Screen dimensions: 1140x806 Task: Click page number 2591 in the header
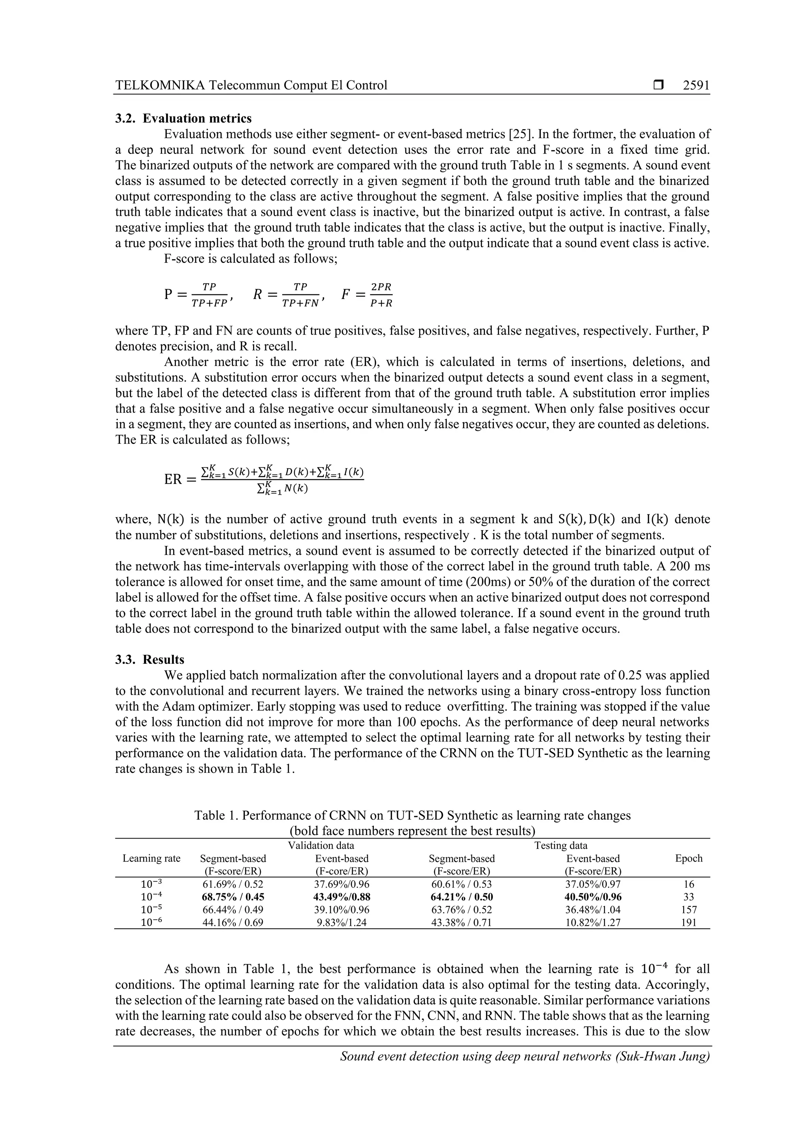(x=696, y=85)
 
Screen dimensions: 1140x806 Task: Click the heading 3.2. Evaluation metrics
(x=183, y=118)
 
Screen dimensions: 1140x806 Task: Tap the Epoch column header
(x=689, y=858)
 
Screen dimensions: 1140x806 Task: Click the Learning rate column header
(x=152, y=858)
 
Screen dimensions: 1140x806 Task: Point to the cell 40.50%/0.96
(x=593, y=897)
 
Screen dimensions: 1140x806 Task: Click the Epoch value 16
(x=689, y=884)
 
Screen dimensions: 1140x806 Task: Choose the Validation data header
(x=321, y=845)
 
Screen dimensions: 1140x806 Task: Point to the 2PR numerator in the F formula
(x=381, y=287)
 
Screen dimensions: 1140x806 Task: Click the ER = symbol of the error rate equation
(x=180, y=480)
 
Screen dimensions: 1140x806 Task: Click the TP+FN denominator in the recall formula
(x=300, y=303)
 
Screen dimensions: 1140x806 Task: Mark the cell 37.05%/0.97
(x=593, y=884)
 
